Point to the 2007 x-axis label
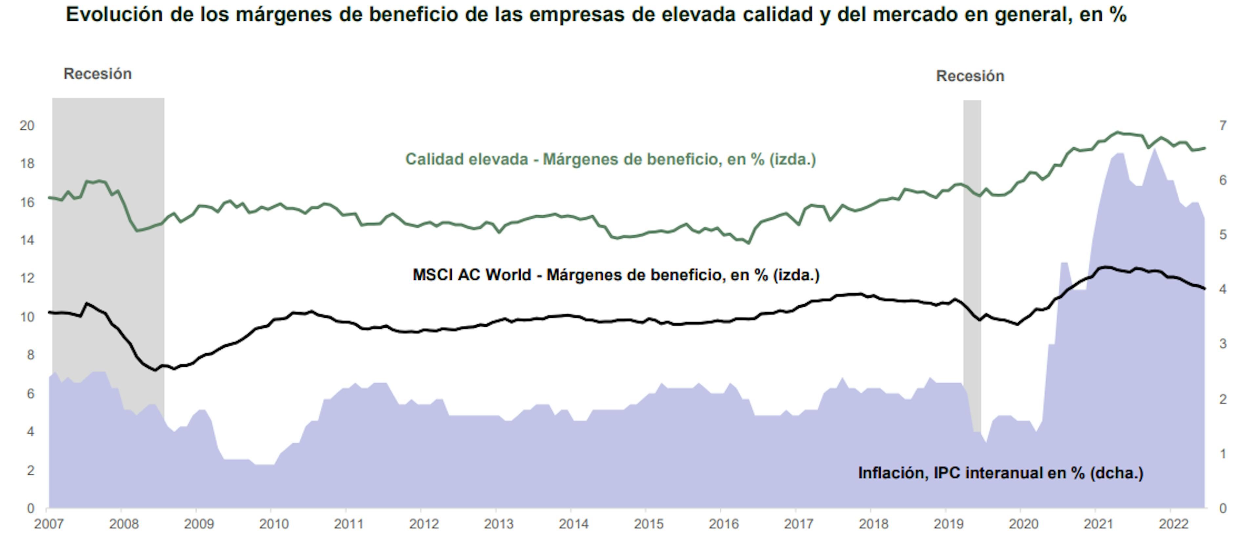(x=49, y=524)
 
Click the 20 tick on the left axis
(x=27, y=126)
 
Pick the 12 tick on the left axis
(x=27, y=278)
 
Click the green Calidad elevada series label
(x=610, y=160)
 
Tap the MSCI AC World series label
(x=616, y=275)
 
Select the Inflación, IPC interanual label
(x=1000, y=473)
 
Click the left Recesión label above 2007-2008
(x=98, y=74)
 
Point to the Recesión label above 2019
(x=970, y=76)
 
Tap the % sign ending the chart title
(x=1118, y=15)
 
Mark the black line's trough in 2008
(x=155, y=370)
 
